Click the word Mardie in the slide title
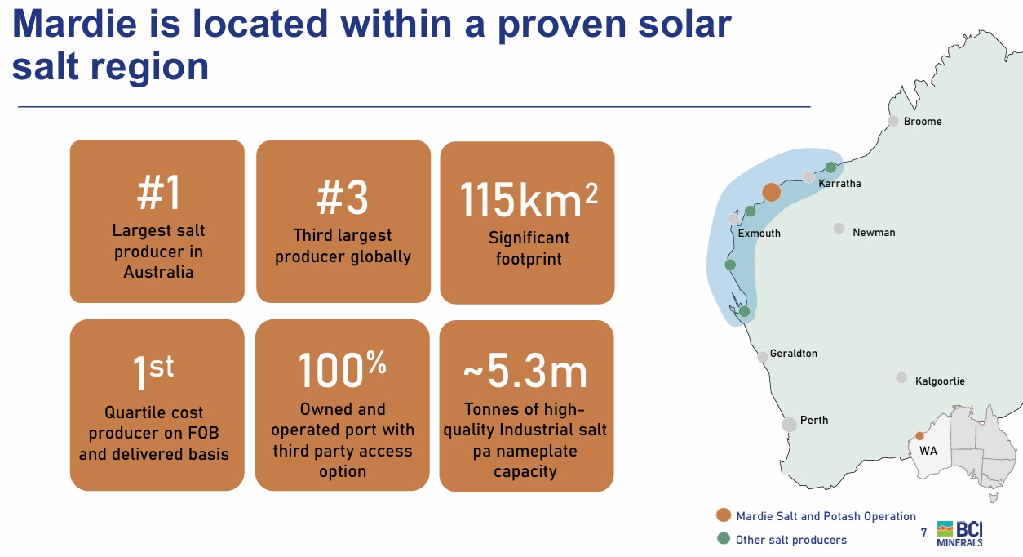(x=74, y=24)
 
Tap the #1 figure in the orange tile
(x=158, y=193)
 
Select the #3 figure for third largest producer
(x=343, y=198)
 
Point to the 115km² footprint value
(x=529, y=199)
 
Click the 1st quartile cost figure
(x=153, y=372)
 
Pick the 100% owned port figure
(x=343, y=369)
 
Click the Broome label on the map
(x=923, y=121)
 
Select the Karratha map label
(x=839, y=184)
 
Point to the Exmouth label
(x=759, y=234)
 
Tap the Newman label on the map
(x=874, y=232)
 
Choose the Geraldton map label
(x=793, y=353)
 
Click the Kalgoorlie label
(x=940, y=381)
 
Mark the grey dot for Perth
(x=789, y=425)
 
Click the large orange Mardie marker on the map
(x=772, y=192)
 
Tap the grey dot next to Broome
(x=892, y=121)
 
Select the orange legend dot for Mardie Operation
(x=724, y=515)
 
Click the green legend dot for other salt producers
(x=724, y=538)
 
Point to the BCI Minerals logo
(x=959, y=533)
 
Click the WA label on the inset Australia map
(x=928, y=451)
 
